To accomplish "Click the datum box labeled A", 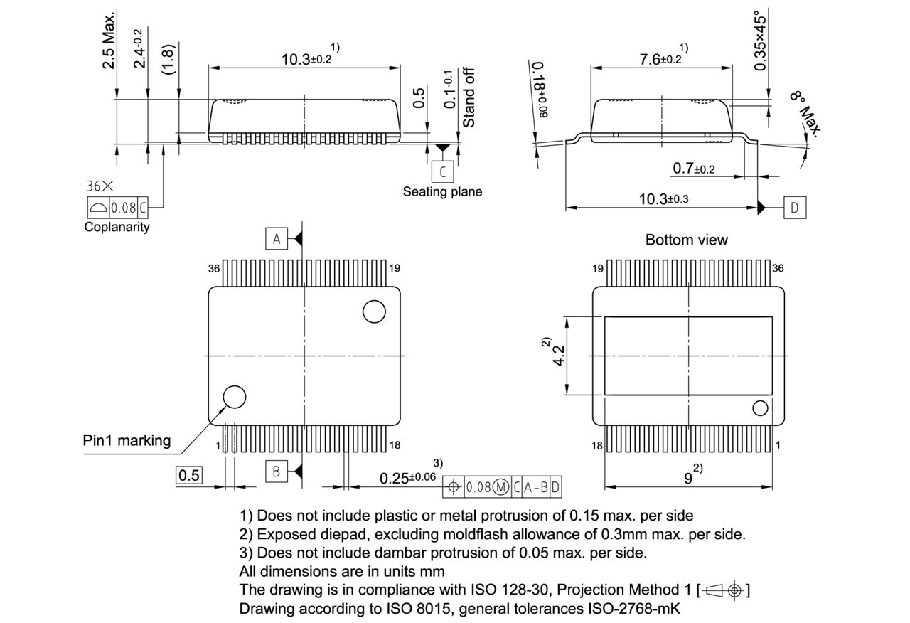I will (277, 239).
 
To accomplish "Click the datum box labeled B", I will (277, 471).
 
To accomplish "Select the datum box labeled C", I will (443, 171).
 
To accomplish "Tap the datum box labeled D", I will (795, 208).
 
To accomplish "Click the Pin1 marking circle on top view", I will (234, 397).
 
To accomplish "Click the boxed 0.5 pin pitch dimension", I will (189, 475).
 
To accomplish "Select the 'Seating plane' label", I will (442, 191).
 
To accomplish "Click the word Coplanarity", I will (117, 227).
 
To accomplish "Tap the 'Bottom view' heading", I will (686, 240).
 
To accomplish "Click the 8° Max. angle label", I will (806, 112).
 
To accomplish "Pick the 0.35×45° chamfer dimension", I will (761, 40).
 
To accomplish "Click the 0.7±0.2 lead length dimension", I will (694, 169).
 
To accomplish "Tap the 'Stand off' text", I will (469, 97).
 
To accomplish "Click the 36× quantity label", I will (100, 186).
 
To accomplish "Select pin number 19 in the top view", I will (395, 268).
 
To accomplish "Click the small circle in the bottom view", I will (760, 408).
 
